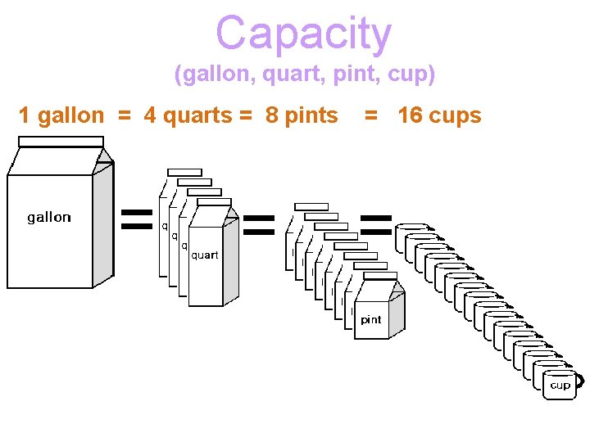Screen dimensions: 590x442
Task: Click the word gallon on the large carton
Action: (49, 217)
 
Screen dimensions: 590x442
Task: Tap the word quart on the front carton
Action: (205, 255)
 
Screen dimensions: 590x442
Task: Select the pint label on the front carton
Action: (371, 320)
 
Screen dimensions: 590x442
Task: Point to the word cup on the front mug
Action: (560, 385)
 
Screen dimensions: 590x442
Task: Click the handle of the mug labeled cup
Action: (580, 381)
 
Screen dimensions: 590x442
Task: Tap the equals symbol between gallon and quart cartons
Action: (136, 219)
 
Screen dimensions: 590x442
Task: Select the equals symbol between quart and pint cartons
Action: (258, 225)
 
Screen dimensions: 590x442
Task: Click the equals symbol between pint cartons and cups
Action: (376, 225)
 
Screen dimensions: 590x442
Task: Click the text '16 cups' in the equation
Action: (439, 116)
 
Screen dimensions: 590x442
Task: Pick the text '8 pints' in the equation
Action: (302, 116)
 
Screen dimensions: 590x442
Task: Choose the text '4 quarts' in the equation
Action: (188, 116)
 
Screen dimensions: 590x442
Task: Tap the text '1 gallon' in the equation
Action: (61, 116)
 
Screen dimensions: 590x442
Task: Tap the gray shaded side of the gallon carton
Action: (103, 225)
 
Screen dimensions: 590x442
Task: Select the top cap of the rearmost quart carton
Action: (184, 172)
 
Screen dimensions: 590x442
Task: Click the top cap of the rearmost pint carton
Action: (311, 206)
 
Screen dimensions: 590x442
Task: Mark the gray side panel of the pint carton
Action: (397, 315)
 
